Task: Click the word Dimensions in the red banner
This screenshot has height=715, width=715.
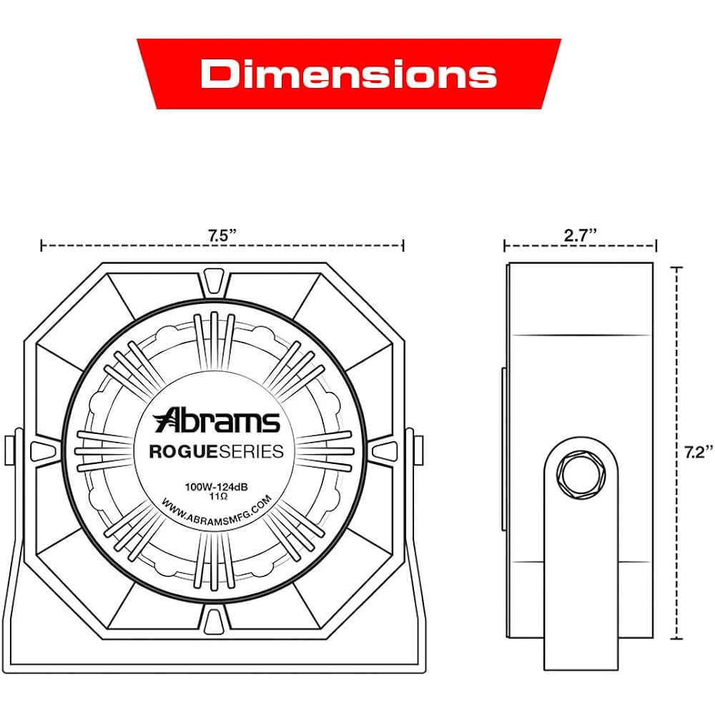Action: [x=348, y=74]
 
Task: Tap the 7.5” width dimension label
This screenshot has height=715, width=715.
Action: [x=222, y=236]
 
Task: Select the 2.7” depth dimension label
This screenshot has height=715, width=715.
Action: [x=580, y=236]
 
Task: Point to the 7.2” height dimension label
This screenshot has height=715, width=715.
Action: [x=698, y=452]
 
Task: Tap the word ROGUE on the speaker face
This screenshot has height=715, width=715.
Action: [x=184, y=451]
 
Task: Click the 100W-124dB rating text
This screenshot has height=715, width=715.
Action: [x=216, y=486]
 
